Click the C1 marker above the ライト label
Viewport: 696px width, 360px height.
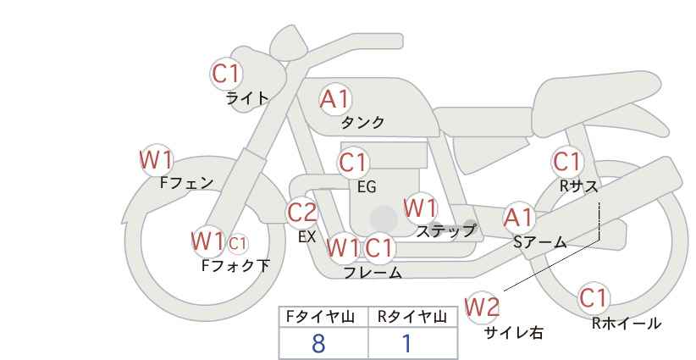pos(226,74)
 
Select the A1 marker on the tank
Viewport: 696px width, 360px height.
pos(335,99)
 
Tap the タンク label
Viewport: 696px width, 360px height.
pos(362,122)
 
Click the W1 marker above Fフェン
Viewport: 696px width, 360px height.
pos(156,160)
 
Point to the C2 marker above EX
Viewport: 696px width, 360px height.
pos(301,213)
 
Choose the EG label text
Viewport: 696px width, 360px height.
pos(367,186)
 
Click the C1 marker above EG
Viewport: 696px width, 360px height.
pos(353,163)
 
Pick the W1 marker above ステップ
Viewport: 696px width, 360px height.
pos(420,208)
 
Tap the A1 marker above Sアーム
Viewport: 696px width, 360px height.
pos(519,218)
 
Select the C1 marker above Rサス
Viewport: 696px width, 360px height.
pos(567,162)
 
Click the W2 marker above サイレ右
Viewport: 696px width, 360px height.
pos(482,307)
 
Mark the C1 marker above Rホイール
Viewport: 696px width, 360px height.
pos(594,298)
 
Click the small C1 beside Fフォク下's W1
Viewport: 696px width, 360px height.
pos(238,243)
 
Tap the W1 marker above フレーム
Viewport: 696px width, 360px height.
pos(343,247)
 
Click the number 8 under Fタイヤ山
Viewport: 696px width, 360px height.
pos(318,344)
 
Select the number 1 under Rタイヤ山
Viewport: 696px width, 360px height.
pos(406,344)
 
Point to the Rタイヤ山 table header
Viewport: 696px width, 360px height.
pos(412,317)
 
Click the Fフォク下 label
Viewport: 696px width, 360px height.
pos(235,265)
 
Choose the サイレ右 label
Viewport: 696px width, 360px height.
pos(514,333)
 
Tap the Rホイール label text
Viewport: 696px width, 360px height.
pos(627,324)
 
